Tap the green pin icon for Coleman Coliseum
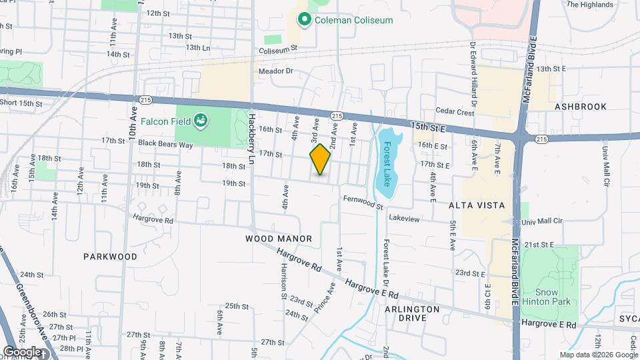pyautogui.click(x=305, y=20)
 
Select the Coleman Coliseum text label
pyautogui.click(x=354, y=20)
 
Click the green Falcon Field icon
pyautogui.click(x=200, y=121)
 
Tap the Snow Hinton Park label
pyautogui.click(x=549, y=297)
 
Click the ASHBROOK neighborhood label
pyautogui.click(x=580, y=107)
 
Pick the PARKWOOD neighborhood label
pyautogui.click(x=110, y=256)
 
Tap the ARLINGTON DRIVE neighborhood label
pyautogui.click(x=412, y=313)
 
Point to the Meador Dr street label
pyautogui.click(x=275, y=71)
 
